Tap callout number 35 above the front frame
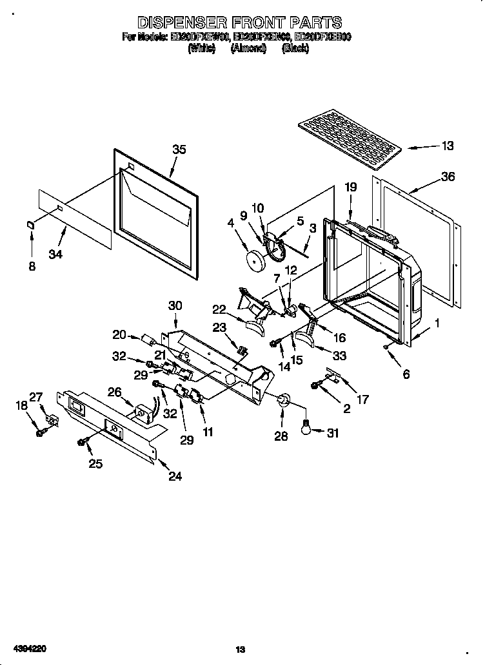click(179, 149)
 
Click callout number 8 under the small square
click(32, 265)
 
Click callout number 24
click(175, 476)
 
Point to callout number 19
click(350, 188)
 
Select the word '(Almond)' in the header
click(248, 48)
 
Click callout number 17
click(362, 400)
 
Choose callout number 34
click(55, 255)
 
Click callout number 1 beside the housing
click(437, 324)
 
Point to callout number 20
click(119, 334)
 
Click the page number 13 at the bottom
click(241, 650)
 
